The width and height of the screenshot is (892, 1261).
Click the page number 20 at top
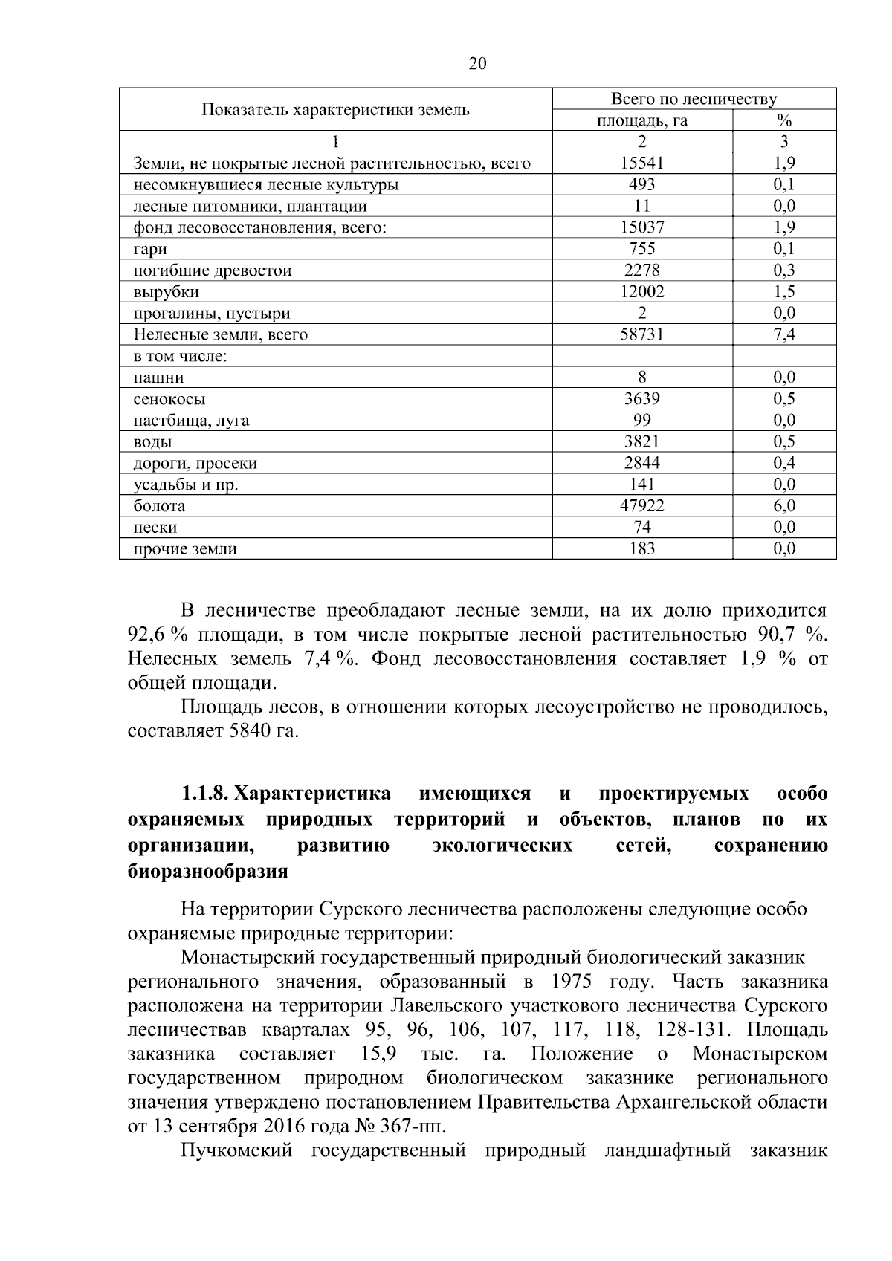pyautogui.click(x=477, y=64)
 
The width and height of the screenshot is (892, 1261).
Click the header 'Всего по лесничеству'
pyautogui.click(x=693, y=100)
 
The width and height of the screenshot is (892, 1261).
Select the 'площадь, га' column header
pyautogui.click(x=641, y=121)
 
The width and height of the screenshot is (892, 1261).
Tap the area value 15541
pyautogui.click(x=641, y=163)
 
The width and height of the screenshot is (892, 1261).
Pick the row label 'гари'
pyautogui.click(x=150, y=250)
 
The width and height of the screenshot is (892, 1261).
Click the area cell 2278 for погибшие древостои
pyautogui.click(x=641, y=270)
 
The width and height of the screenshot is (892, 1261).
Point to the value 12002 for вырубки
pyautogui.click(x=641, y=292)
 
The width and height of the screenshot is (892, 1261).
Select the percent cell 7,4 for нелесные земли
pyautogui.click(x=783, y=334)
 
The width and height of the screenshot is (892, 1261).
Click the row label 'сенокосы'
pyautogui.click(x=169, y=400)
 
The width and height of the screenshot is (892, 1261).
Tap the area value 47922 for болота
pyautogui.click(x=641, y=506)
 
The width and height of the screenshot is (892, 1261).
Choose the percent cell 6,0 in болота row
pyautogui.click(x=783, y=506)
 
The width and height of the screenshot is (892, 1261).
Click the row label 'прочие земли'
pyautogui.click(x=185, y=550)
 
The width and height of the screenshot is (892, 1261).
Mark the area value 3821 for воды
pyautogui.click(x=641, y=442)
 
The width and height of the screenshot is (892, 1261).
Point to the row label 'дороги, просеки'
pyautogui.click(x=195, y=464)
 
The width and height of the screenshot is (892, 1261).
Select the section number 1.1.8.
pyautogui.click(x=205, y=794)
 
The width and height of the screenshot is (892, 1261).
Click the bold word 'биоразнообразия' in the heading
pyautogui.click(x=207, y=871)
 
